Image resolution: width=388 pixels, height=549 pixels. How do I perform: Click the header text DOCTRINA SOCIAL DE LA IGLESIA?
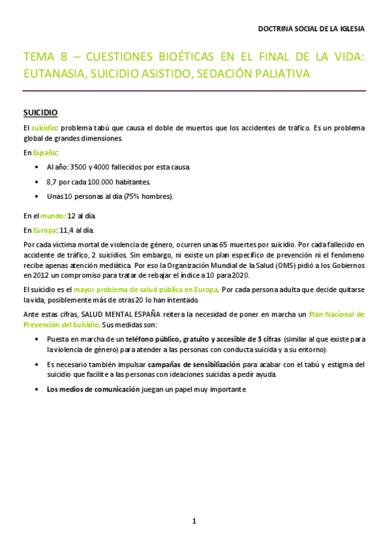coord(311,29)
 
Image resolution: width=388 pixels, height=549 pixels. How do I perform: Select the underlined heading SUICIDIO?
coord(41,113)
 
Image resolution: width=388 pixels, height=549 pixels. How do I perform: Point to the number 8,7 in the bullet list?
coord(53,182)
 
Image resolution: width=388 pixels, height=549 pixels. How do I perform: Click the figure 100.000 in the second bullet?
coord(97,182)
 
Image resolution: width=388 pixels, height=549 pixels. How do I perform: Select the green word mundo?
coord(54,216)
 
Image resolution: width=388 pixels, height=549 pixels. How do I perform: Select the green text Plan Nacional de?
coord(336,315)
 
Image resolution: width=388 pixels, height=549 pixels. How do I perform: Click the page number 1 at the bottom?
coord(194,521)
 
